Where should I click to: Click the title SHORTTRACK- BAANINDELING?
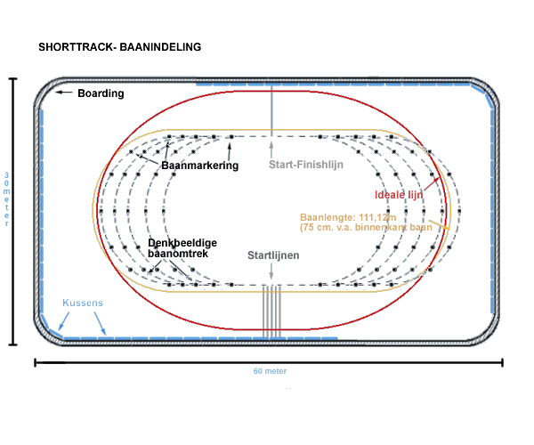[x=120, y=46]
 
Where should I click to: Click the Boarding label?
[x=101, y=93]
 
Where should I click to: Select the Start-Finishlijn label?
[x=306, y=164]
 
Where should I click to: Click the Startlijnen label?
[x=273, y=255]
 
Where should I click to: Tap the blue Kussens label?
[x=82, y=303]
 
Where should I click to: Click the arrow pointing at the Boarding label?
[x=65, y=93]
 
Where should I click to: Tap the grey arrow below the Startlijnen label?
[x=272, y=272]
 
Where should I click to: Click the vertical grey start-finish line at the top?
[x=272, y=112]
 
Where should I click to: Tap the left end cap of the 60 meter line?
[x=36, y=362]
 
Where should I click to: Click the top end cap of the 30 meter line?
[x=13, y=78]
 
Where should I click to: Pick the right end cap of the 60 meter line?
[x=503, y=362]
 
